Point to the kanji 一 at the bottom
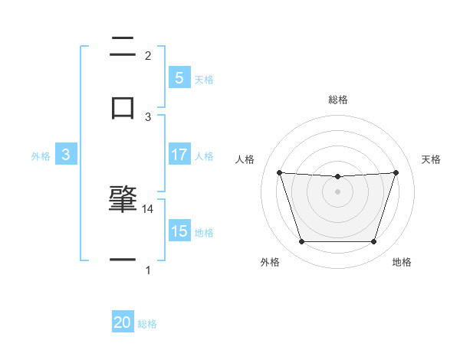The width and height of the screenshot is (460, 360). pyautogui.click(x=123, y=260)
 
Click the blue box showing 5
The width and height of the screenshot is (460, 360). pyautogui.click(x=179, y=77)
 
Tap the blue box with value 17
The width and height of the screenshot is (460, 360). pyautogui.click(x=179, y=155)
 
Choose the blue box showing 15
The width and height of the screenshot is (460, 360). pyautogui.click(x=179, y=231)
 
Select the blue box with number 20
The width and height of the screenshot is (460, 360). pyautogui.click(x=123, y=322)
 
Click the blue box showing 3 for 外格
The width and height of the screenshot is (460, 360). pyautogui.click(x=66, y=155)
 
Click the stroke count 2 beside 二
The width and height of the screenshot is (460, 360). pyautogui.click(x=148, y=55)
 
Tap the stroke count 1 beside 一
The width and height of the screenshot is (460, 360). pyautogui.click(x=148, y=270)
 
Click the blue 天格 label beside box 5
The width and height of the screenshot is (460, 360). pyautogui.click(x=204, y=79)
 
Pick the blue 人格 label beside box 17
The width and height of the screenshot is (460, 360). pyautogui.click(x=204, y=155)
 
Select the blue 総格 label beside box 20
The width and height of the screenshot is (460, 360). pyautogui.click(x=147, y=324)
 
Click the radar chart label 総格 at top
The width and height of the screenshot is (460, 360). pyautogui.click(x=337, y=100)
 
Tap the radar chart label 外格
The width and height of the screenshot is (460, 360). pyautogui.click(x=270, y=262)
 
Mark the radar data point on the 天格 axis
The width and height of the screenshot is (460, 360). pyautogui.click(x=396, y=172)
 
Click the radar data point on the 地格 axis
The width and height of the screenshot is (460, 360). pyautogui.click(x=373, y=242)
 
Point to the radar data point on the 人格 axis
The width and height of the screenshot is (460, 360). pyautogui.click(x=279, y=172)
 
